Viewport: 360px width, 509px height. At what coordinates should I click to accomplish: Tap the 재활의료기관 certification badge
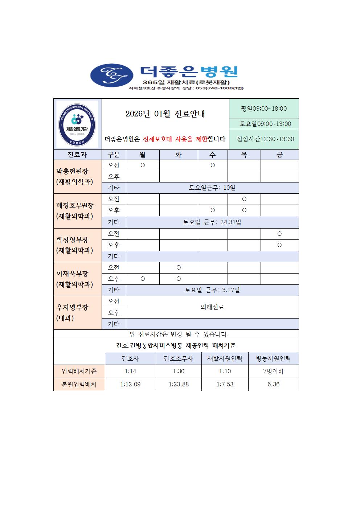77,124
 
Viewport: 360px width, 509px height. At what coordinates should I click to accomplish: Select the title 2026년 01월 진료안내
165,114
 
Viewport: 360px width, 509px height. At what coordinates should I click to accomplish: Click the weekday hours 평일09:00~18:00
264,108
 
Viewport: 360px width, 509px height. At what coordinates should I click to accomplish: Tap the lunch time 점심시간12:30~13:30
265,139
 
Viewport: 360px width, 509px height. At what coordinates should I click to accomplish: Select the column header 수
213,155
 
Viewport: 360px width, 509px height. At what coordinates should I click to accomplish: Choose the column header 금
279,155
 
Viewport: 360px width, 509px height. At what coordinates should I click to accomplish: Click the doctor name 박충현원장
72,171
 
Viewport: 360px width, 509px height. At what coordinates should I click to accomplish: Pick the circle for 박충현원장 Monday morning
143,165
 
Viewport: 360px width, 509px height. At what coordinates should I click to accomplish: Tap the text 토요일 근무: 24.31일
212,222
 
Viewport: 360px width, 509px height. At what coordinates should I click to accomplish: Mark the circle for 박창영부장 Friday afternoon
279,245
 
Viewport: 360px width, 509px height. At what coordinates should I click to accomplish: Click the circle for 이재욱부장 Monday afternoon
143,279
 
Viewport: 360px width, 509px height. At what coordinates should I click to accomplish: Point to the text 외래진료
212,307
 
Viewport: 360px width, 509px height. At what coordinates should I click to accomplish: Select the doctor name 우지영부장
72,307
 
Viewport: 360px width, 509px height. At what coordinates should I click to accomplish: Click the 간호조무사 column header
179,359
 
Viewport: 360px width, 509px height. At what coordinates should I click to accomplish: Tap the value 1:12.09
130,384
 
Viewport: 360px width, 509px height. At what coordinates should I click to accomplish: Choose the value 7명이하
273,371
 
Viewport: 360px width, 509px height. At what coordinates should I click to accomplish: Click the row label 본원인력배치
79,384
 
